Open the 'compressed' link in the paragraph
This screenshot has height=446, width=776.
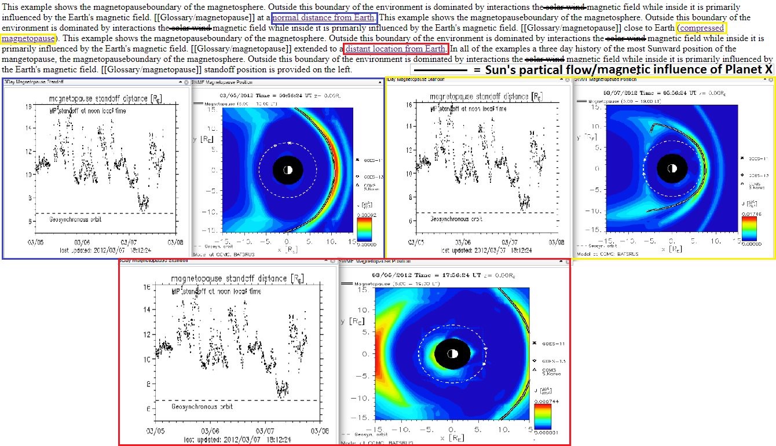(702, 28)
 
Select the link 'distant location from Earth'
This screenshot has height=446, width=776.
(396, 49)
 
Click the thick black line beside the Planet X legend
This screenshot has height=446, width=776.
(439, 70)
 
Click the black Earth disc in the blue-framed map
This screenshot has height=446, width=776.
(288, 169)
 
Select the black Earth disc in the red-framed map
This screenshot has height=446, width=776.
(452, 353)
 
